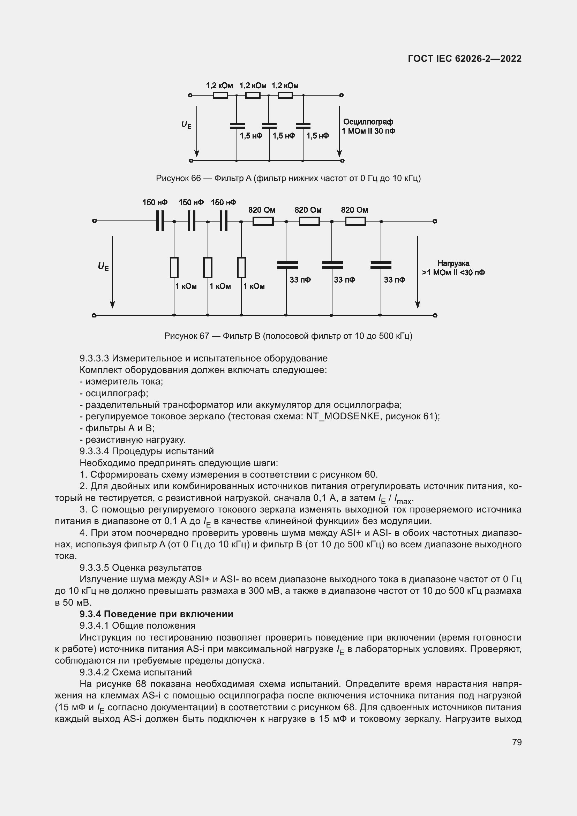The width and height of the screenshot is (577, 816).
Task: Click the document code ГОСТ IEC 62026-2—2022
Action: coord(465,59)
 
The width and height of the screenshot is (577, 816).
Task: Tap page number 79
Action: coord(517,742)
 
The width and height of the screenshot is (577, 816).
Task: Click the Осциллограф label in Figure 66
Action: coord(368,122)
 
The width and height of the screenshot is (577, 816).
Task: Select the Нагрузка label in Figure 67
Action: coord(453,263)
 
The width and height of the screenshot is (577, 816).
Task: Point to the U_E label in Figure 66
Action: coord(186,125)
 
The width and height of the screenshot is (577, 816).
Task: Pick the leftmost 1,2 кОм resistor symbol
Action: coord(220,95)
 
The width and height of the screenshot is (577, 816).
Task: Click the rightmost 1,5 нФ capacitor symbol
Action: coord(303,126)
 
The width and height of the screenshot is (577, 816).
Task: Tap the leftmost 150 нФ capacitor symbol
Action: coord(160,221)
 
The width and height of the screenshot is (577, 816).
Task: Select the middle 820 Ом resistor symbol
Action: coord(309,222)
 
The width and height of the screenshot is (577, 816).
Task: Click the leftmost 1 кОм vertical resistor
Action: coord(174,267)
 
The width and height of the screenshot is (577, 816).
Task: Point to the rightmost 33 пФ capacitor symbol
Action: coord(381,265)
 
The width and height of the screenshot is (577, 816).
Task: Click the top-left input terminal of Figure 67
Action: coord(94,221)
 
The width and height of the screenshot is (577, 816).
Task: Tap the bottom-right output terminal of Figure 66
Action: coord(342,160)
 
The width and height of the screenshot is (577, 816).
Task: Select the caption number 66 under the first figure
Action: coord(196,178)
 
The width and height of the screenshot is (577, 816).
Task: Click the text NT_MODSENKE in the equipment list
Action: coord(343,416)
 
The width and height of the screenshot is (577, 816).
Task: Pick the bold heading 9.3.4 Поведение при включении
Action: coord(156,614)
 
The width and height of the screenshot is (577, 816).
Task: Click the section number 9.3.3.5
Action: coord(94,568)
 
